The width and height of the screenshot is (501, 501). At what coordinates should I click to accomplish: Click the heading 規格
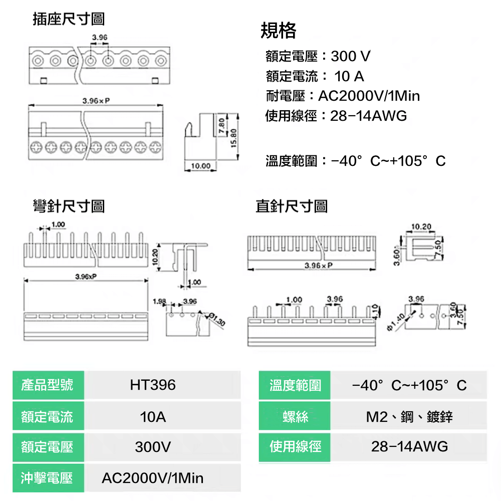279,31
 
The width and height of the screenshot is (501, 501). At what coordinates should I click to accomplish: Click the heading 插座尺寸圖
69,20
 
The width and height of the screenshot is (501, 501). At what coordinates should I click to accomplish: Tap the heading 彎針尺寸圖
69,205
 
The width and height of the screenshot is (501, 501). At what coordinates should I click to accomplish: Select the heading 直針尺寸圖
292,205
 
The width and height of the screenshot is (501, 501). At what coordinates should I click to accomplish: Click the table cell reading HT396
153,385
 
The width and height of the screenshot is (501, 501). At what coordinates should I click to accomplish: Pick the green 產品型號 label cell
48,385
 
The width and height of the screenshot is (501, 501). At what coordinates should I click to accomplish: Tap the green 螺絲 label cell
295,416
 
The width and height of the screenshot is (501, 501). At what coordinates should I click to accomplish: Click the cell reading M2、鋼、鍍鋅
409,416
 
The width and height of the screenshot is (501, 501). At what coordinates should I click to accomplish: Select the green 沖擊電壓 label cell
48,478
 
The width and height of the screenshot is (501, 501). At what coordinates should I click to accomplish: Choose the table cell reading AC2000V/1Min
153,478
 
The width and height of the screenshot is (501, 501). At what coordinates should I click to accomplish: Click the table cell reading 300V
153,447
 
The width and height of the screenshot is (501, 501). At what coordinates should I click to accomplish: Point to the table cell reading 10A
153,416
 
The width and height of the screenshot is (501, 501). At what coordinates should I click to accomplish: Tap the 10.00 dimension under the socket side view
200,166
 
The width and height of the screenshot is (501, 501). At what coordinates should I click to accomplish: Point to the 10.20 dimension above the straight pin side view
421,227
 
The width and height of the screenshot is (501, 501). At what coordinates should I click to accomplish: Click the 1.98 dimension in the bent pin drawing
159,302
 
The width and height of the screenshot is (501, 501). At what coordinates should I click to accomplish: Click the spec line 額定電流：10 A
315,76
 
